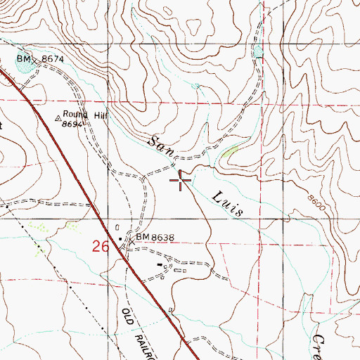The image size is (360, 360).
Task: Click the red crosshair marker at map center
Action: point(181,183)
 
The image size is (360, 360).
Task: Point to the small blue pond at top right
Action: point(258,51)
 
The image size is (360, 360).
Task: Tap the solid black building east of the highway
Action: point(160,266)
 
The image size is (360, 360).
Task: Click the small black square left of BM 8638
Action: point(120,239)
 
